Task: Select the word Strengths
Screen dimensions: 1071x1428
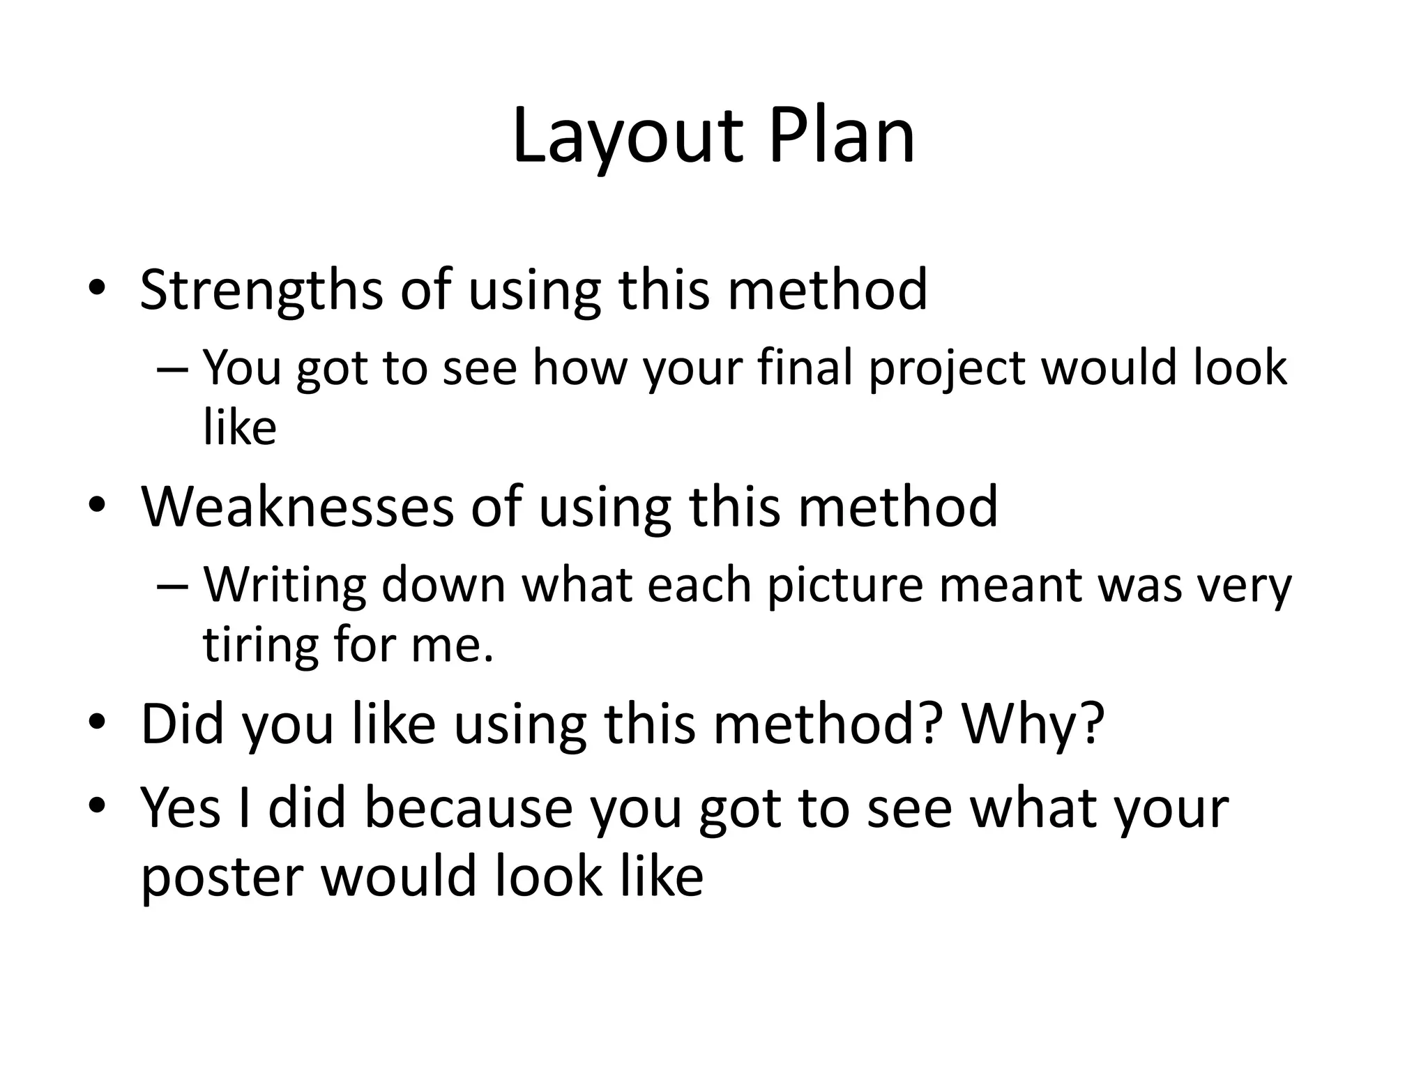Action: (261, 290)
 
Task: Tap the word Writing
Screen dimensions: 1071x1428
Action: (284, 586)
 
